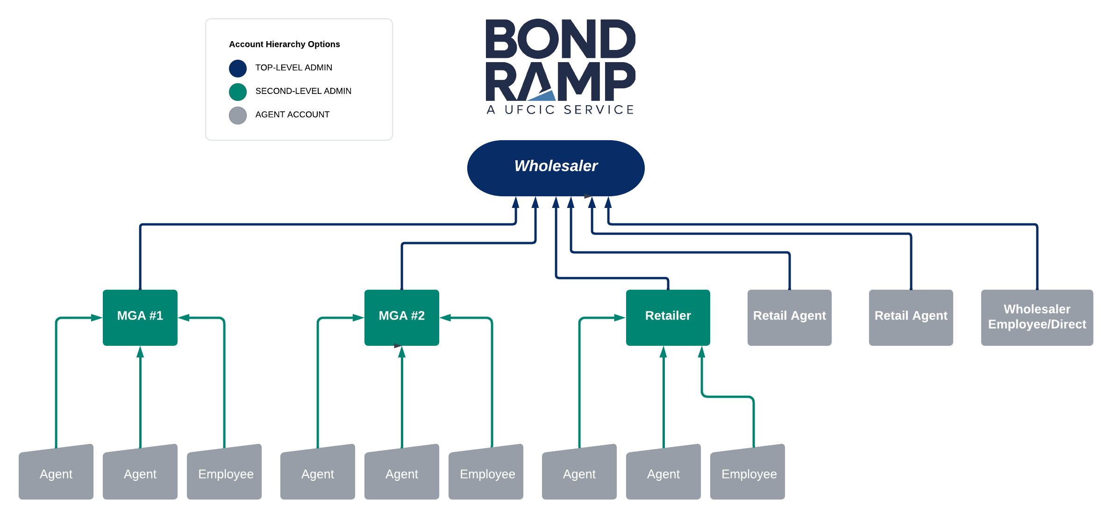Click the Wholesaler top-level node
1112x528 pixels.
[556, 168]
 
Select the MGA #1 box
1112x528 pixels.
[140, 318]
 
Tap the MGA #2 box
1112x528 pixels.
[402, 318]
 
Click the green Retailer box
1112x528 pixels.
[668, 318]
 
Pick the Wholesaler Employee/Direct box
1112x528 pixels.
[1037, 318]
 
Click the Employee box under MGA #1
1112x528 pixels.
[224, 472]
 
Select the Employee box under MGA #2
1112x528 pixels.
[486, 472]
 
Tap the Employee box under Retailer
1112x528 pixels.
[748, 472]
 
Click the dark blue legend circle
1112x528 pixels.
[238, 68]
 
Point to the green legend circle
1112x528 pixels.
[238, 92]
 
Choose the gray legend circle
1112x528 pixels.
[238, 115]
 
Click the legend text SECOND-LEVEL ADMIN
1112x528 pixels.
[303, 91]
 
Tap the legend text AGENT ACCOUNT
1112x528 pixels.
[292, 114]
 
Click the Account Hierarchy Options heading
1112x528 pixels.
[285, 44]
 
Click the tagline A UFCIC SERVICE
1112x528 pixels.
[560, 110]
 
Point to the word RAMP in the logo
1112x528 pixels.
[561, 81]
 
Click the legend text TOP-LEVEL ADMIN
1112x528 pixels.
[294, 68]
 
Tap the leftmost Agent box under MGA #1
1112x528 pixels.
[56, 472]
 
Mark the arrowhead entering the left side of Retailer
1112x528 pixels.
[620, 318]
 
